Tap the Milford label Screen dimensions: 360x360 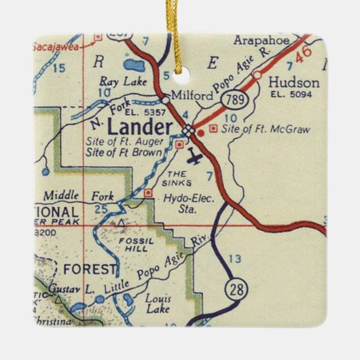(191, 96)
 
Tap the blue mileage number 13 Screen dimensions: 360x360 (235, 259)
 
